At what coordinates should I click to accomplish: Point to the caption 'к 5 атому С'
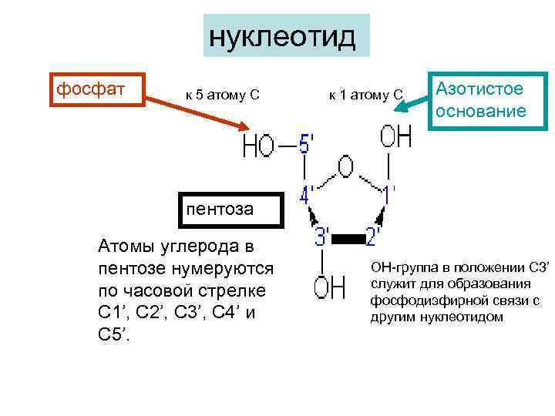[x=222, y=95]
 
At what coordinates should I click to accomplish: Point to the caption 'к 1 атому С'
[x=365, y=95]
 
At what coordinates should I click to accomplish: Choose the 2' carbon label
[x=372, y=237]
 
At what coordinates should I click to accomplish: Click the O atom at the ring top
[x=346, y=167]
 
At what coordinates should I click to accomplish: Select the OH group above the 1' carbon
[x=395, y=138]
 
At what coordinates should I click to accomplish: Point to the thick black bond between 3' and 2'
[x=348, y=240]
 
